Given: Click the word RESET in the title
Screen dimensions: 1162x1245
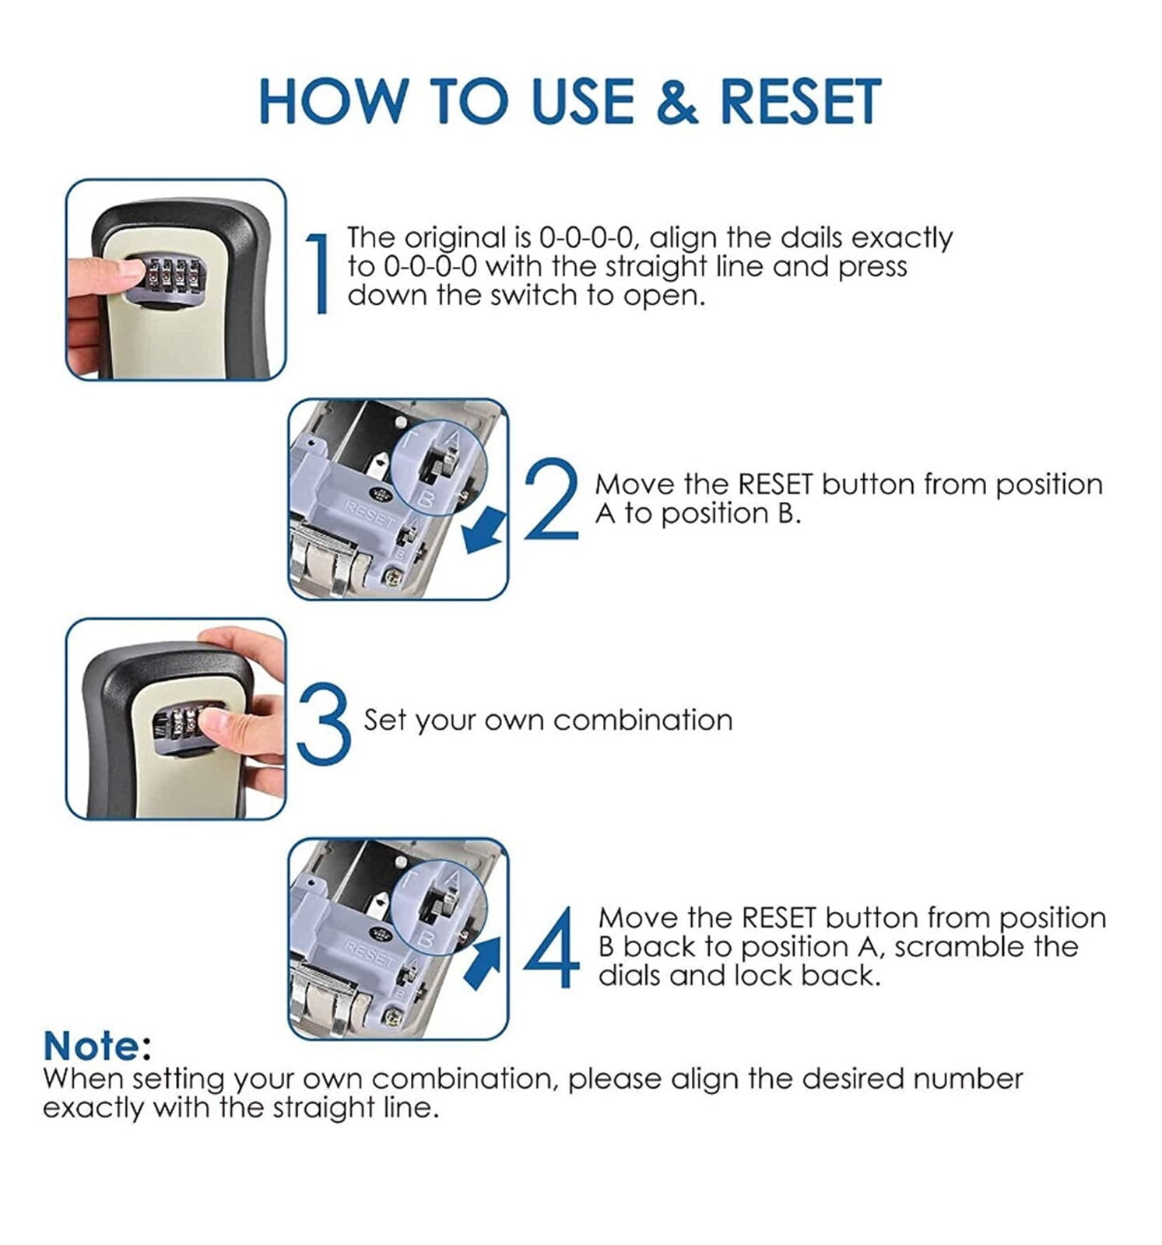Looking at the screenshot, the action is pyautogui.click(x=800, y=100).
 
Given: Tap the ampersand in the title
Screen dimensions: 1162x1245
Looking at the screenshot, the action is pyautogui.click(x=677, y=101).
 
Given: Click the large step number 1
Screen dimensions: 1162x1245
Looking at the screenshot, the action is pyautogui.click(x=317, y=272).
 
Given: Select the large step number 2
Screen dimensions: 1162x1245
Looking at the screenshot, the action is pyautogui.click(x=552, y=499).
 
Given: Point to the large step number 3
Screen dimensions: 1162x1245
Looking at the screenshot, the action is pyautogui.click(x=324, y=721).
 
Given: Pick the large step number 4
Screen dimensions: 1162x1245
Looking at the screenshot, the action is pyautogui.click(x=552, y=948).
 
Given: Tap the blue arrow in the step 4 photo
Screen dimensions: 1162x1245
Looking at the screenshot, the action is pyautogui.click(x=484, y=963).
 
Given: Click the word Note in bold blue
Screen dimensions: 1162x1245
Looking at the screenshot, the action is pyautogui.click(x=91, y=1046).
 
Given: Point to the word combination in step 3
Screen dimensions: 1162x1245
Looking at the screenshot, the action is pyautogui.click(x=643, y=720).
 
